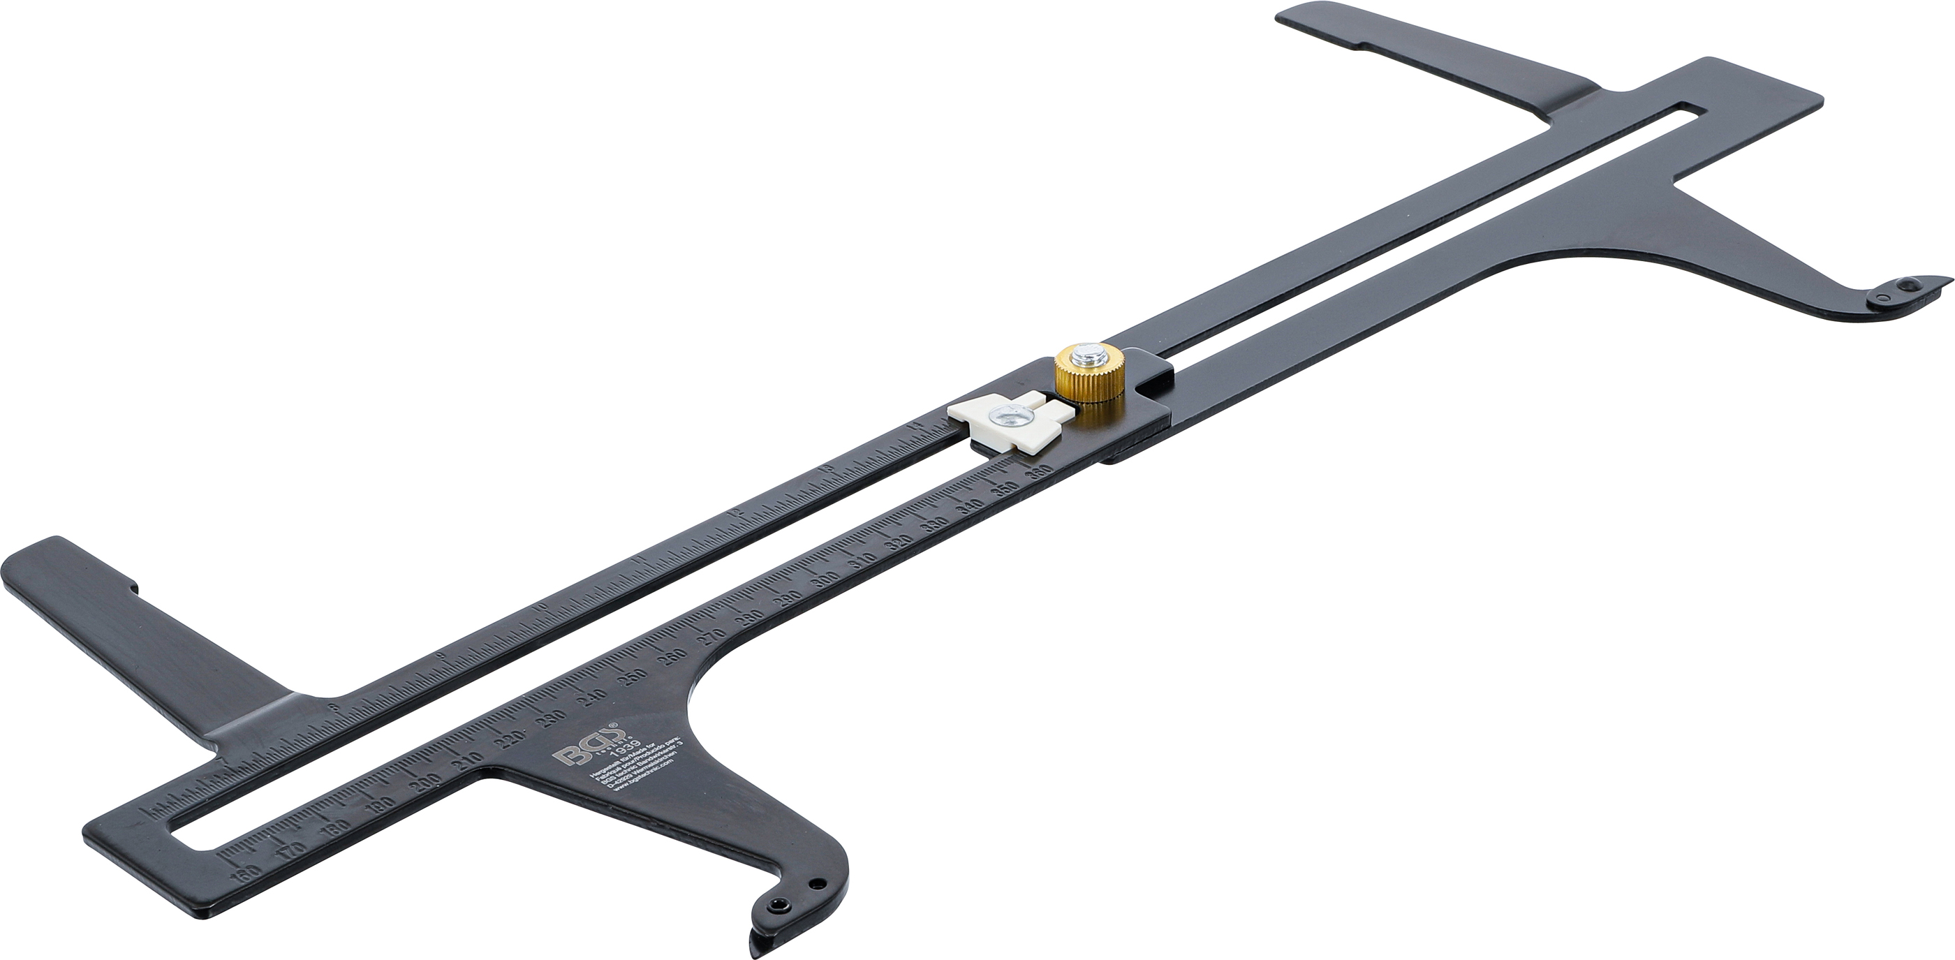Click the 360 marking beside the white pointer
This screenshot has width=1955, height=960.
pyautogui.click(x=1039, y=473)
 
